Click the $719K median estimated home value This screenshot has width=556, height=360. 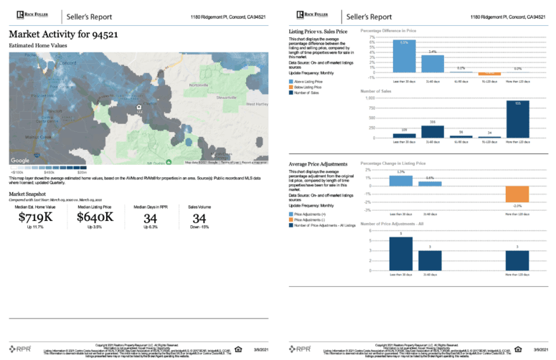coord(30,217)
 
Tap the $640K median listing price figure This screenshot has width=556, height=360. coord(95,217)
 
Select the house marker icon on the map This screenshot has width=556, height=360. coord(138,107)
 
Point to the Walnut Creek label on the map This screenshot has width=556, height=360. coord(39,135)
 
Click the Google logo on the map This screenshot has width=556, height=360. coord(20,161)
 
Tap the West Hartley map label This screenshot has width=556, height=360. coord(258,104)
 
